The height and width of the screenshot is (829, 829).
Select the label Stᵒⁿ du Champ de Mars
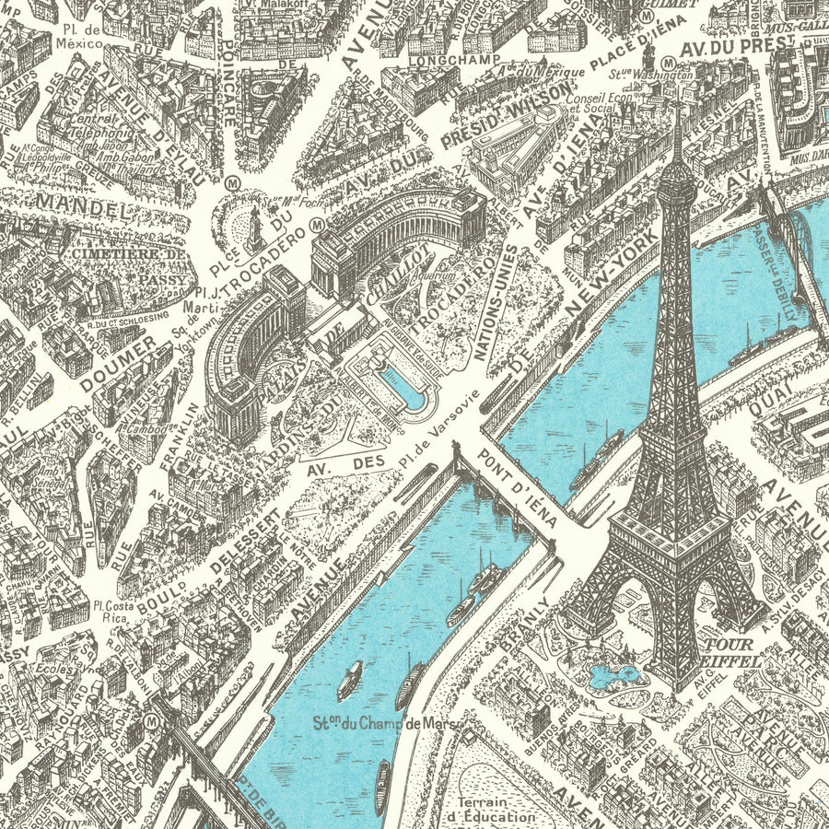[x=379, y=723]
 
